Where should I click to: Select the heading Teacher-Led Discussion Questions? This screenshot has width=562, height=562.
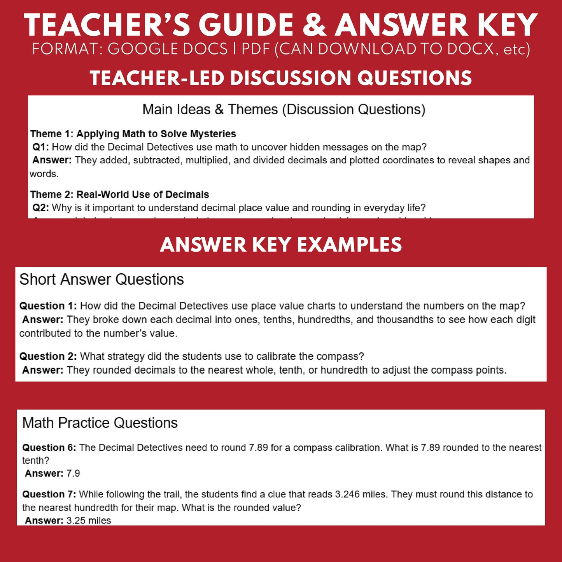(281, 78)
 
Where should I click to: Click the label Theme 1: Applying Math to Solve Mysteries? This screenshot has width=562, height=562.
(133, 134)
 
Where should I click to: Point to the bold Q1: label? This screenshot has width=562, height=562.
(40, 147)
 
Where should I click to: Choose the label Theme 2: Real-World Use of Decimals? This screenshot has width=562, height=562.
(119, 194)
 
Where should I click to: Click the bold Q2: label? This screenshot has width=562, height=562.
(40, 208)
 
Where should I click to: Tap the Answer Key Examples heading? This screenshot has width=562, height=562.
(281, 245)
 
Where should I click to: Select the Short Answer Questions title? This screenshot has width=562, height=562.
(102, 279)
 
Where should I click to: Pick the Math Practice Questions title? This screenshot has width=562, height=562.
(100, 423)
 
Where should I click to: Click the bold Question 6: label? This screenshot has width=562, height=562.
(49, 448)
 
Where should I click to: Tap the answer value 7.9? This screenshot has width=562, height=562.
(73, 473)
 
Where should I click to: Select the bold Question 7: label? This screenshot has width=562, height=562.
(49, 494)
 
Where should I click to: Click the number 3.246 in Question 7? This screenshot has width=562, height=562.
(347, 494)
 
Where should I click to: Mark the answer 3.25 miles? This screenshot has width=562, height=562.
(89, 520)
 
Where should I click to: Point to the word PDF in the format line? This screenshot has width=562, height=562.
(256, 49)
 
